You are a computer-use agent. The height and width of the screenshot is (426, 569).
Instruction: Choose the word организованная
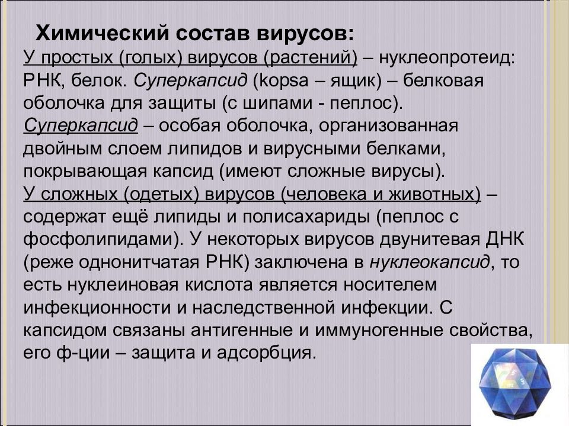(x=383, y=125)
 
